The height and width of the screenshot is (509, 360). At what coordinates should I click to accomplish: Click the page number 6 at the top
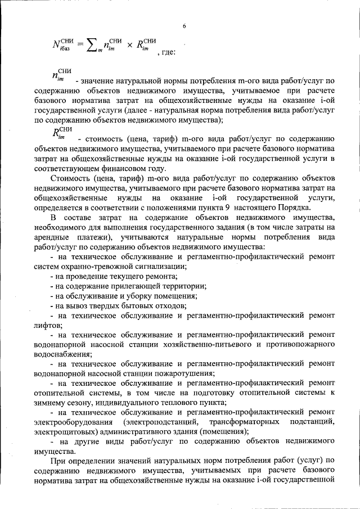click(x=183, y=25)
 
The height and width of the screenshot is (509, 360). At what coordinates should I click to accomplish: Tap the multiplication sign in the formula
click(x=128, y=45)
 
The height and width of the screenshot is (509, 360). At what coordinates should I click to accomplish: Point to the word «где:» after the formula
click(x=168, y=52)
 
